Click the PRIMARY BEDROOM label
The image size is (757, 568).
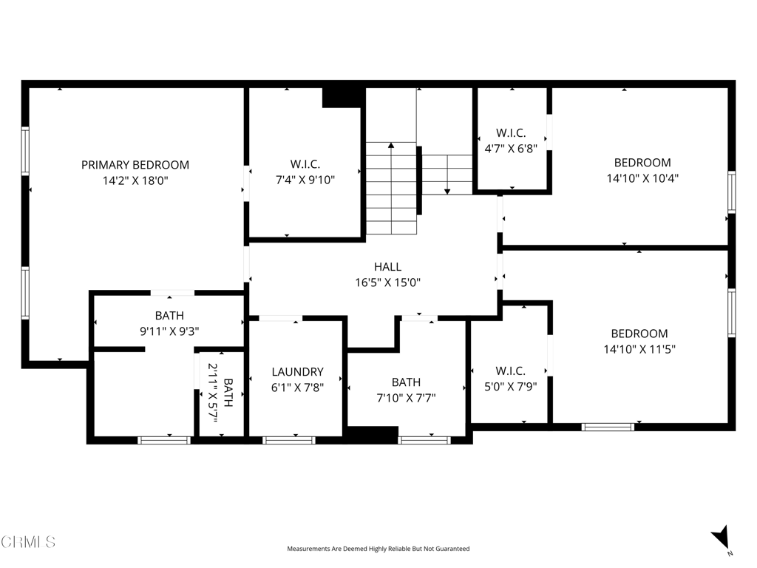[x=135, y=165]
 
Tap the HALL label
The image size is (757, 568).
[x=387, y=267]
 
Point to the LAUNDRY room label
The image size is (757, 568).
[x=297, y=372]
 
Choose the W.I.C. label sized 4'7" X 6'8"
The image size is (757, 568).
[x=511, y=133]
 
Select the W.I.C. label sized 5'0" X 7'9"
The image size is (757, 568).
[x=510, y=371]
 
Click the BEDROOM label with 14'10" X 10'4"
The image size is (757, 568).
[x=642, y=163]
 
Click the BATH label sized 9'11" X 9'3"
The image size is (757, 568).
[x=169, y=316]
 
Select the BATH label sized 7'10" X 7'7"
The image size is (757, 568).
[x=406, y=382]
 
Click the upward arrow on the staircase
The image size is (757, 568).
[x=390, y=146]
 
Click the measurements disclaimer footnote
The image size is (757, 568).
[x=378, y=549]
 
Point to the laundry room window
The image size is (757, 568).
[x=289, y=440]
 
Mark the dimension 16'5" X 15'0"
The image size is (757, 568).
[x=387, y=282]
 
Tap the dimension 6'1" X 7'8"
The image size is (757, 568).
[x=297, y=386]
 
